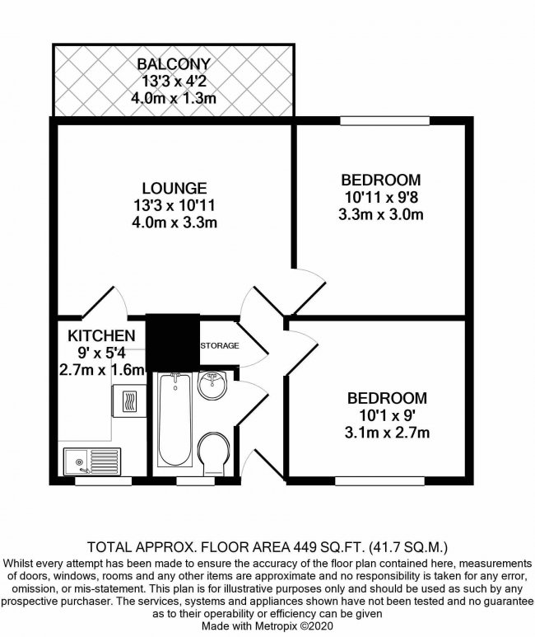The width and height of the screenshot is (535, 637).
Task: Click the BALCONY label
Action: (174, 63)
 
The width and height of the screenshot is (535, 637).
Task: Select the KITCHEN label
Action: (100, 335)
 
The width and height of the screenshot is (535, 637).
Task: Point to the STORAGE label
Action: (220, 344)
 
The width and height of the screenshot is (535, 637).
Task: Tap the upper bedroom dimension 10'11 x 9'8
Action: (381, 198)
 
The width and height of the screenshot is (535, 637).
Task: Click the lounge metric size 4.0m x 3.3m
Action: (173, 222)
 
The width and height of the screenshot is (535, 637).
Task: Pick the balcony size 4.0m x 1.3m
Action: (174, 98)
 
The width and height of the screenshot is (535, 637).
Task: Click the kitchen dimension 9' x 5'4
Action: (100, 353)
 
